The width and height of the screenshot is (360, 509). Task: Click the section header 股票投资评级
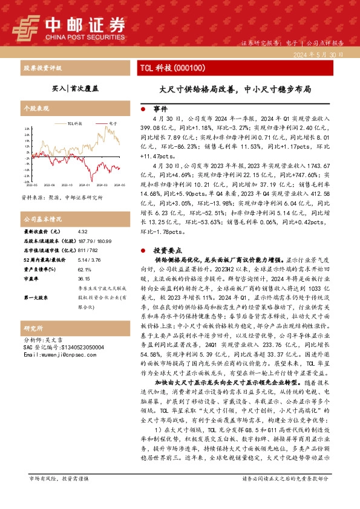point(40,68)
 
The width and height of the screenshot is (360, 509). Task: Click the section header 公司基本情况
point(42,219)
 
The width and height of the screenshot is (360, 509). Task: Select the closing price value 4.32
point(83,232)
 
